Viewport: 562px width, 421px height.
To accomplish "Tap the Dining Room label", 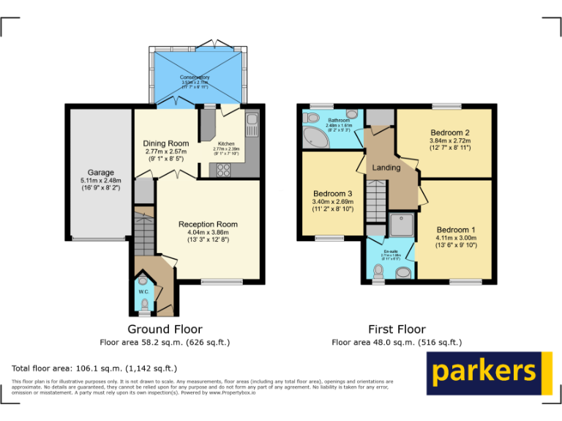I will tap(166, 143).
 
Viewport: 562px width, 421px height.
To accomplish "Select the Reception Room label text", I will tap(208, 224).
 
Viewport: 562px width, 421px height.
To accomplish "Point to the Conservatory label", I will tap(195, 77).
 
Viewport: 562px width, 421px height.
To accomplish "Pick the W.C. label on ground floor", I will tap(143, 292).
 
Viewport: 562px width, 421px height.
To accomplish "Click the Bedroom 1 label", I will tap(456, 230).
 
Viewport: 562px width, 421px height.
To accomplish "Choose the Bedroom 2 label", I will tap(449, 132).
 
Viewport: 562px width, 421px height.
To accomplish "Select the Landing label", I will tap(386, 168).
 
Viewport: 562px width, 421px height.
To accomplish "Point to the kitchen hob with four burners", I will tap(222, 170).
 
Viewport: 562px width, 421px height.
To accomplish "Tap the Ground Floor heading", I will tap(165, 329).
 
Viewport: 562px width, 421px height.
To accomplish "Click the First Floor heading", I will tap(397, 329).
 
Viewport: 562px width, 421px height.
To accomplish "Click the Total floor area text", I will tap(94, 368).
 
